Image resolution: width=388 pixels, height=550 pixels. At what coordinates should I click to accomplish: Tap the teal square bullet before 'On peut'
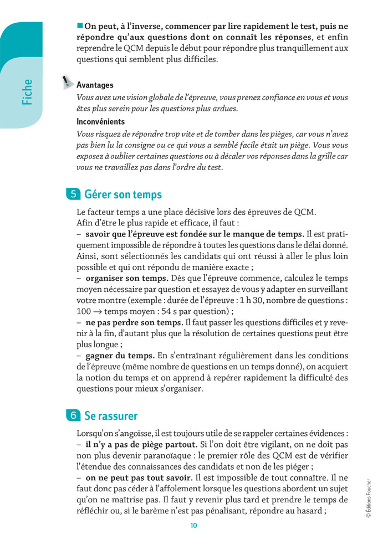point(80,25)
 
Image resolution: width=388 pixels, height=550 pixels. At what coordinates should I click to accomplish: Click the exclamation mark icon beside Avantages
point(67,84)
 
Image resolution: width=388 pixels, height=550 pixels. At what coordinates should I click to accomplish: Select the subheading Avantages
point(95,85)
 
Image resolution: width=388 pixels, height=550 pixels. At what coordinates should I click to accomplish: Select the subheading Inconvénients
point(100,122)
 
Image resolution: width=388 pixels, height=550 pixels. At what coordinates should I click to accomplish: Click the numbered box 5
point(73,194)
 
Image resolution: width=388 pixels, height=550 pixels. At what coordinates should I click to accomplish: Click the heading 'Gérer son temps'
point(123,194)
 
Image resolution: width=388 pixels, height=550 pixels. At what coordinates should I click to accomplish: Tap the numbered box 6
point(73,415)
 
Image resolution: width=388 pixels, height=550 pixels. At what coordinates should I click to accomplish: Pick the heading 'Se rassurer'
point(111,415)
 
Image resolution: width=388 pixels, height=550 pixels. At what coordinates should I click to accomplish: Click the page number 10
point(193,526)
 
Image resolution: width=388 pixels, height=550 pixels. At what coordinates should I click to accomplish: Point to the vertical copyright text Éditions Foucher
point(369,498)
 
